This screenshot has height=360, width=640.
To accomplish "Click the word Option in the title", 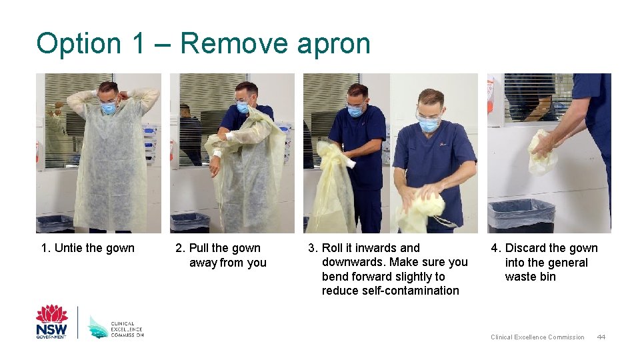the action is coord(79,43).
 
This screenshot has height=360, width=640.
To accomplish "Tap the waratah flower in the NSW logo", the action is coord(52,313).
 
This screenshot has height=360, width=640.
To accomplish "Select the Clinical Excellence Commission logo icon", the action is coord(98,327).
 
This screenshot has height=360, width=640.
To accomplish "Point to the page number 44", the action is coord(601,337).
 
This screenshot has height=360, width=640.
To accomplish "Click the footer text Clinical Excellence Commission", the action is coord(537,337).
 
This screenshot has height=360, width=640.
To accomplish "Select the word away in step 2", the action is coord(203,263).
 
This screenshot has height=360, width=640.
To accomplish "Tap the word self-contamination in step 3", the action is coord(390,291).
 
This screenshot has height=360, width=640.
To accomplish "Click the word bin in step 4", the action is coord(548,277).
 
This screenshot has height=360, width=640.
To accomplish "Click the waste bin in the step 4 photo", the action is coord(521,216).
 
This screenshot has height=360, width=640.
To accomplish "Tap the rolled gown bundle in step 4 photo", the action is coord(542,152).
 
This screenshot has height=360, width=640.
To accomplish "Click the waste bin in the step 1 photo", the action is coord(55,224).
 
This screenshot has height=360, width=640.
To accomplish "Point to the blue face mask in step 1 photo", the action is coord(108,108).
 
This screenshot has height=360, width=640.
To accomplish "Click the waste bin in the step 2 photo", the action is coord(190,223).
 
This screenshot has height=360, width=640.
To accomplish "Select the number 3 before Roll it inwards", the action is coord(312,248).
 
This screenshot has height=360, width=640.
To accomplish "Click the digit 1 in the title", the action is coord(139,43).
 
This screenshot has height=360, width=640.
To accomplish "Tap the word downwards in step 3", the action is coord(354,262).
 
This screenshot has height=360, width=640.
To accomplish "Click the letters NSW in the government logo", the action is coord(52,329).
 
